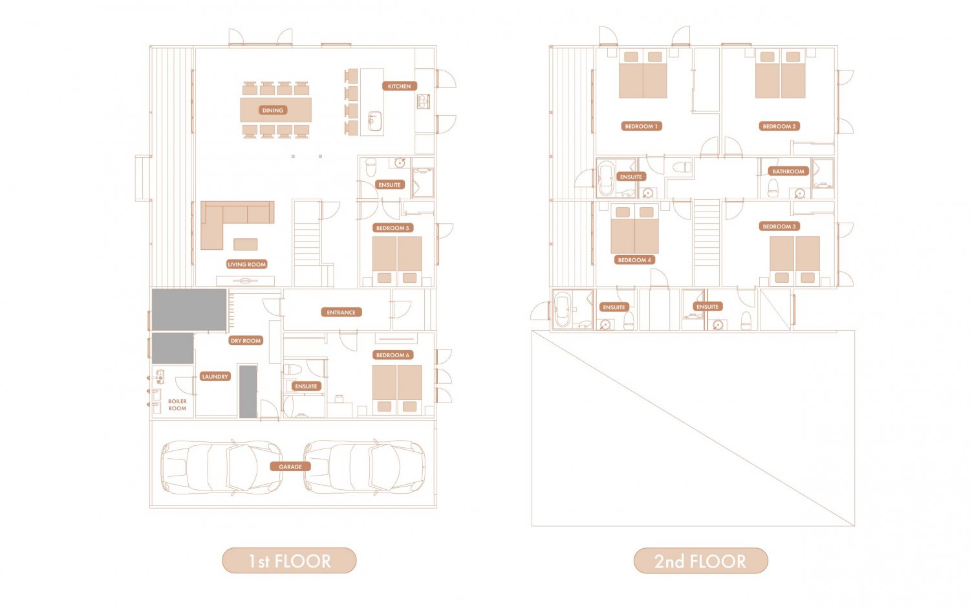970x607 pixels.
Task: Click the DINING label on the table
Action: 273,110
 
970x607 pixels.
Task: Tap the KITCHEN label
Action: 399,86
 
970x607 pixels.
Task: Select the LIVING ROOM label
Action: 247,264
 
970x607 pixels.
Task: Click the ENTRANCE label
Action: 341,313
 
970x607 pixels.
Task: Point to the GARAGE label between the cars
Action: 290,467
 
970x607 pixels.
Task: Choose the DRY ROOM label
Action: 246,340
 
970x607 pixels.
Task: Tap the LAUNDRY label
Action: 215,377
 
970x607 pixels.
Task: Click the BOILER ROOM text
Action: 177,404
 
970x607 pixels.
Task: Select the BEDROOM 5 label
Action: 393,228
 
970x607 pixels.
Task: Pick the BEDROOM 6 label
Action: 393,355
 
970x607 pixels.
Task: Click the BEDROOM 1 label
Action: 641,126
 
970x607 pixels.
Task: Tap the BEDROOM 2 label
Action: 779,126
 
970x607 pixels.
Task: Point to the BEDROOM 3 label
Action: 779,226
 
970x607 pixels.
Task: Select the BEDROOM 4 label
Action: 634,260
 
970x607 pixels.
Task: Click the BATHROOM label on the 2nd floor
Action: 788,171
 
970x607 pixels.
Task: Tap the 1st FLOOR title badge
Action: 289,560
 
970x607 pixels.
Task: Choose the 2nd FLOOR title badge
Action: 700,560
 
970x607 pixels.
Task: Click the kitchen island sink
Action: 374,121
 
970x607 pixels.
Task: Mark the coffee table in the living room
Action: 246,245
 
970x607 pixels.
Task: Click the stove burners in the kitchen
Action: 423,102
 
